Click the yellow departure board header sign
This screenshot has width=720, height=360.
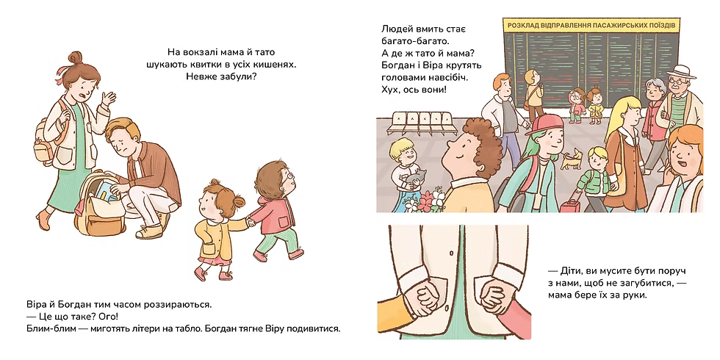(591, 25)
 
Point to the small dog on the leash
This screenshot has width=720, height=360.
(570, 159)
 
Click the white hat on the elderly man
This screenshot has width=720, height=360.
(680, 72)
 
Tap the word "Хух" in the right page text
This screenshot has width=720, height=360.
(390, 89)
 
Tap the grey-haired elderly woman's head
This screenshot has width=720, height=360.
(655, 89)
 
